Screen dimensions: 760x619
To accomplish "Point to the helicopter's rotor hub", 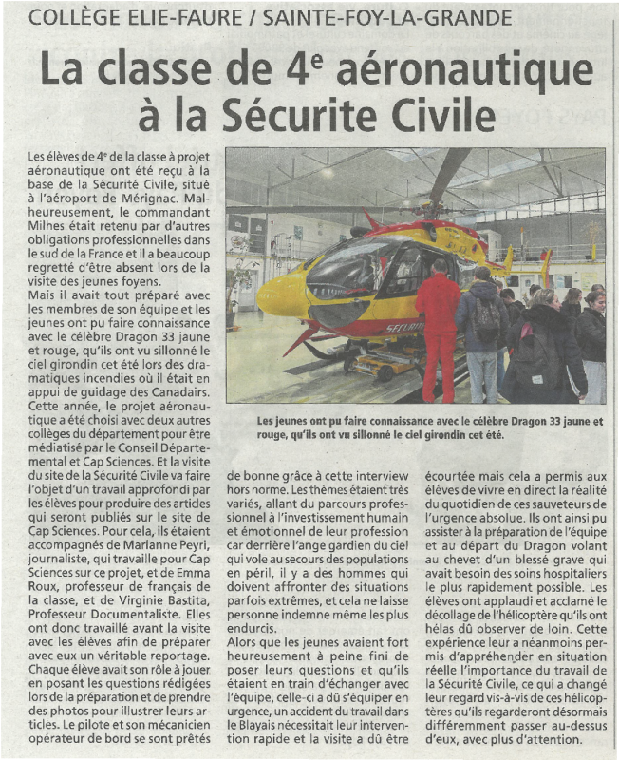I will (x=434, y=204).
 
